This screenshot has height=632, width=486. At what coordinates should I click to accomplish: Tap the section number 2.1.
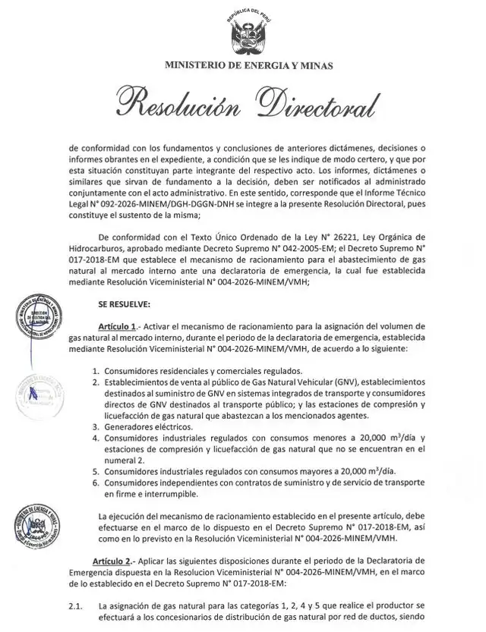(x=74, y=606)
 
